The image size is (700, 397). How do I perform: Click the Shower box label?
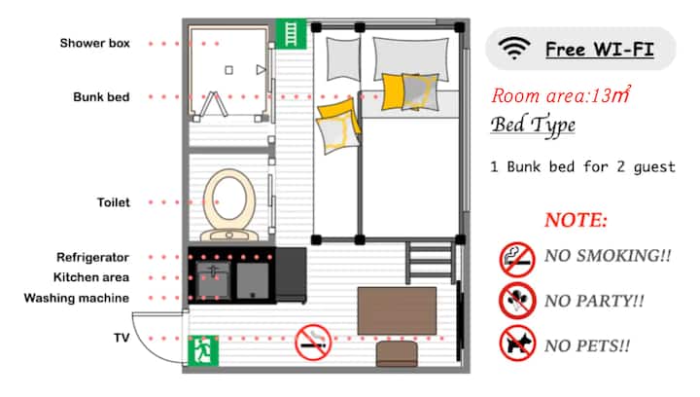[95, 44]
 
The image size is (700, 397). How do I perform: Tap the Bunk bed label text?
[101, 97]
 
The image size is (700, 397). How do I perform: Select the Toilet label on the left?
[114, 202]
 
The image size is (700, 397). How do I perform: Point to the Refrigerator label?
[92, 257]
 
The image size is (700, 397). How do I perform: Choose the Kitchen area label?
[91, 277]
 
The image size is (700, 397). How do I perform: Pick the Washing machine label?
[77, 298]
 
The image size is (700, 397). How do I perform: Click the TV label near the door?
[122, 338]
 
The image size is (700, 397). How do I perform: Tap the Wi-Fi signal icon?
[514, 49]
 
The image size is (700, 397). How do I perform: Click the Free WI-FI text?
[600, 49]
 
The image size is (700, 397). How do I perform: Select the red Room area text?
[561, 94]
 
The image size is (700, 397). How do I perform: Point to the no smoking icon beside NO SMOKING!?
[517, 260]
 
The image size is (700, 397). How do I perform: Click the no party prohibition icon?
[517, 301]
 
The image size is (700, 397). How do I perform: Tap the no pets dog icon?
[517, 343]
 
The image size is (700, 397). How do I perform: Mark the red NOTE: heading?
[576, 220]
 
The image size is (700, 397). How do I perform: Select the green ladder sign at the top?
[291, 33]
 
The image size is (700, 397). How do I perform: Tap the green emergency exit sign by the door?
[203, 350]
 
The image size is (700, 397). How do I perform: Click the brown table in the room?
[397, 310]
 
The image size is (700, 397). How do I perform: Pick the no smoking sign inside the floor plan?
[313, 343]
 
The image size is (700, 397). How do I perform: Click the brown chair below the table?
[397, 353]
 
